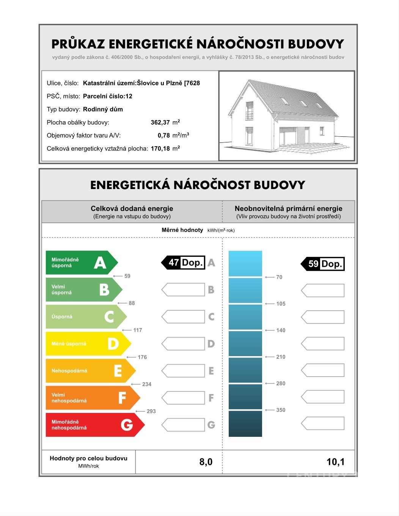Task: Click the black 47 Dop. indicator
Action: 184,263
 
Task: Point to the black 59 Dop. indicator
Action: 323,264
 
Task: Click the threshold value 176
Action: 142,357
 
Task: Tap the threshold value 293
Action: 151,411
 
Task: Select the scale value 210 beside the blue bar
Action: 281,357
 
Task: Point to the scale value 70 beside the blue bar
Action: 279,277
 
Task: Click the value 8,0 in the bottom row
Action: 206,462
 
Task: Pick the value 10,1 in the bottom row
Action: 335,462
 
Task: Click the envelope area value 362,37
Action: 160,122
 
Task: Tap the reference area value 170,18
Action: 160,149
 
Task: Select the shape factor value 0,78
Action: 164,135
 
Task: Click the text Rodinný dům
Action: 103,109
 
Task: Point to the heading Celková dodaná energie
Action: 132,208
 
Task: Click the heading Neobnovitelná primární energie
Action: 288,208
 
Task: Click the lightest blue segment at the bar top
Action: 245,263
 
